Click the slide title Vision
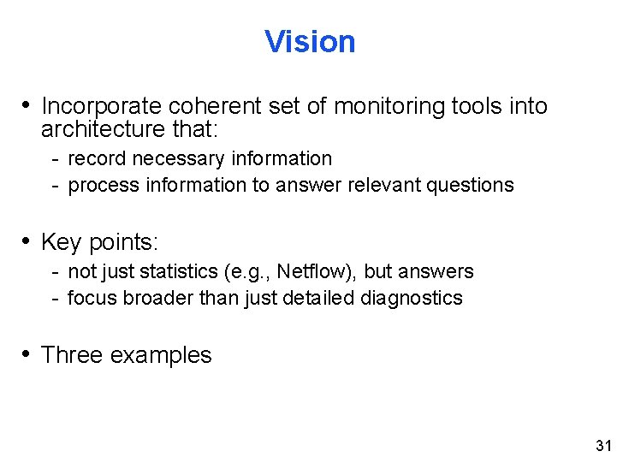pos(310,41)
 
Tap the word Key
pos(60,242)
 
